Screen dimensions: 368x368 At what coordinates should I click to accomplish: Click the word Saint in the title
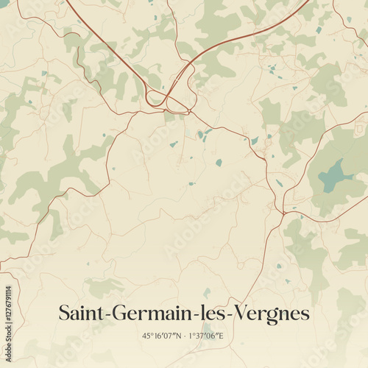pos(82,314)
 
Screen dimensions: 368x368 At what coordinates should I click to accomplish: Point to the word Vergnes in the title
pos(269,314)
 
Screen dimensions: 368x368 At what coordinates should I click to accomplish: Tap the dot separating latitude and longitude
pos(185,336)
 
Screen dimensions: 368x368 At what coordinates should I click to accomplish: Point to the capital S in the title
pos(64,314)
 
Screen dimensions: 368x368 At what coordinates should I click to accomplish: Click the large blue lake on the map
pos(335,175)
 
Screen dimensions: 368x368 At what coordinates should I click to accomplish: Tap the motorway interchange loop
pos(157,96)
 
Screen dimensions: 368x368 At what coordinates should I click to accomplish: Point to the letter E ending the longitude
pos(223,336)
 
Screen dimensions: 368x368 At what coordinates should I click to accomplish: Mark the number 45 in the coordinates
pos(147,336)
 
